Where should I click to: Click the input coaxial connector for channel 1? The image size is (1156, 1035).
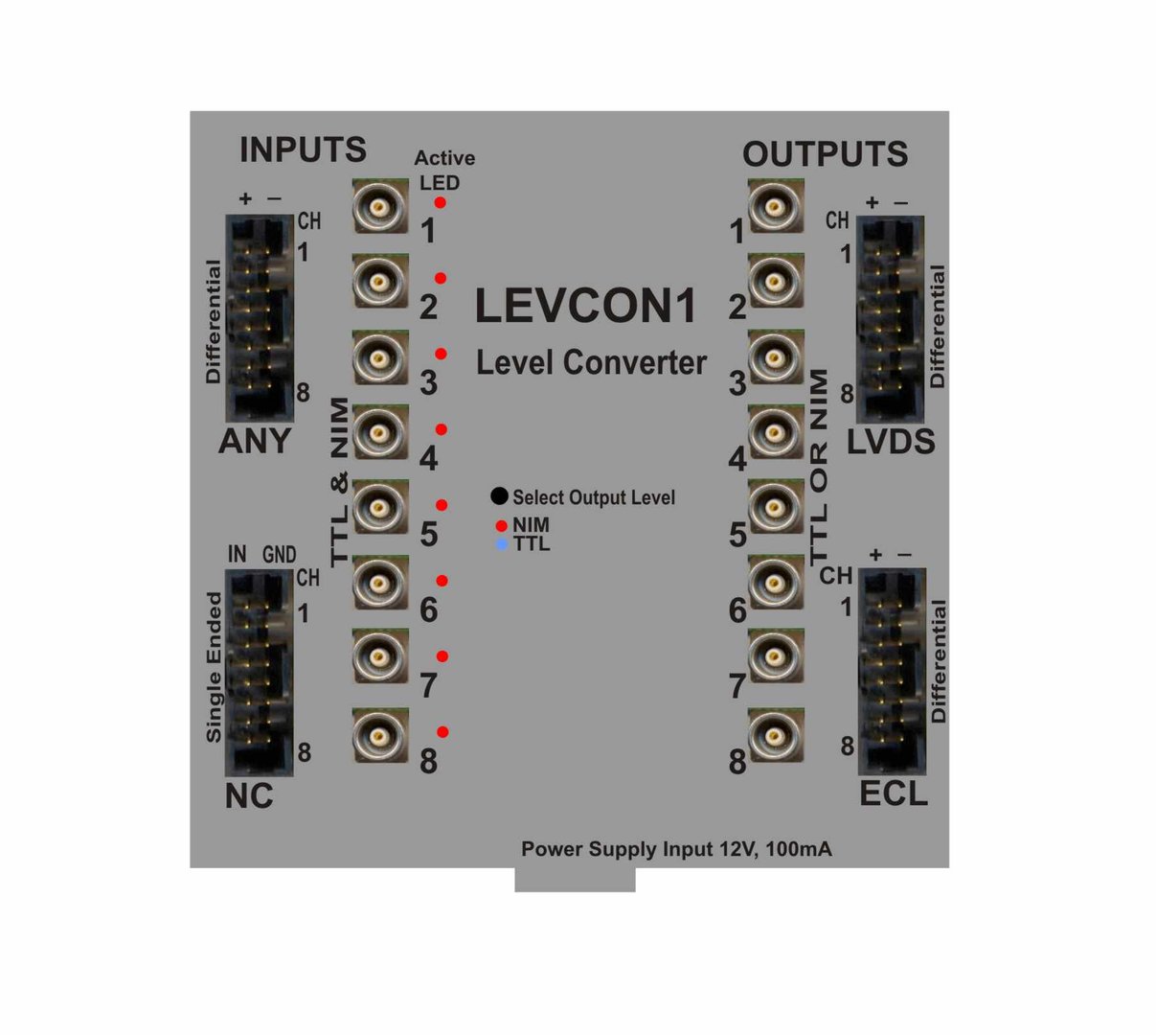click(x=380, y=206)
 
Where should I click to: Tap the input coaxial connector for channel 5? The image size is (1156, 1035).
click(x=380, y=508)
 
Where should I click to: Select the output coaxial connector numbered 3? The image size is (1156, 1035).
click(x=776, y=357)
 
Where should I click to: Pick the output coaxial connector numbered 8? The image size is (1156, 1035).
click(x=776, y=736)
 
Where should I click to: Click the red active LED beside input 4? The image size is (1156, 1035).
click(x=442, y=429)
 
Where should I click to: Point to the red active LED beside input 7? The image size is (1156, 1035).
click(x=442, y=656)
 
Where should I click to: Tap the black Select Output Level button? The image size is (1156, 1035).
click(x=499, y=496)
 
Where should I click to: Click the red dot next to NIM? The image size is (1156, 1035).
click(x=501, y=526)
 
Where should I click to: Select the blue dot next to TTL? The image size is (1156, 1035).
click(x=501, y=544)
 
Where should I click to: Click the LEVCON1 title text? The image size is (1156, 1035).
click(x=586, y=307)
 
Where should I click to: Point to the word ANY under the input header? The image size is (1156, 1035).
click(x=255, y=442)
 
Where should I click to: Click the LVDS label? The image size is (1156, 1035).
click(x=891, y=442)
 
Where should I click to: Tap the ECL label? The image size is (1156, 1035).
click(x=893, y=793)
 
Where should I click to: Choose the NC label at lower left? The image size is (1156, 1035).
click(x=249, y=795)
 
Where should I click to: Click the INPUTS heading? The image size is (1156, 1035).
click(x=303, y=150)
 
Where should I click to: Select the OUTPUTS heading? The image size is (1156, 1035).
click(x=825, y=154)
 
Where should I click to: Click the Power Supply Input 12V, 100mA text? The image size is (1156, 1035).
click(x=676, y=849)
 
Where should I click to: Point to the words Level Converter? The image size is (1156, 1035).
click(x=591, y=363)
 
